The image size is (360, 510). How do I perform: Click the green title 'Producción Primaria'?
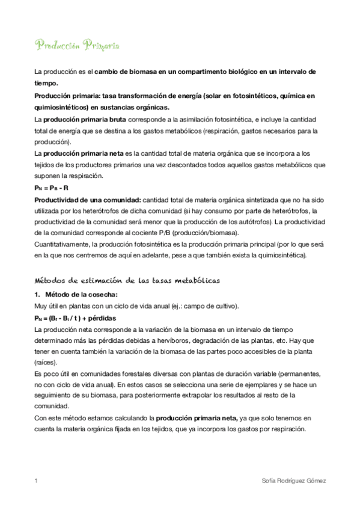(77, 46)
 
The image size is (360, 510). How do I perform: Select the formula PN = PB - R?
(51, 188)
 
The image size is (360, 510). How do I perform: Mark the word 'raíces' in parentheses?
(45, 363)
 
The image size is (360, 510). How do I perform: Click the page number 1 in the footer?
(37, 481)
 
